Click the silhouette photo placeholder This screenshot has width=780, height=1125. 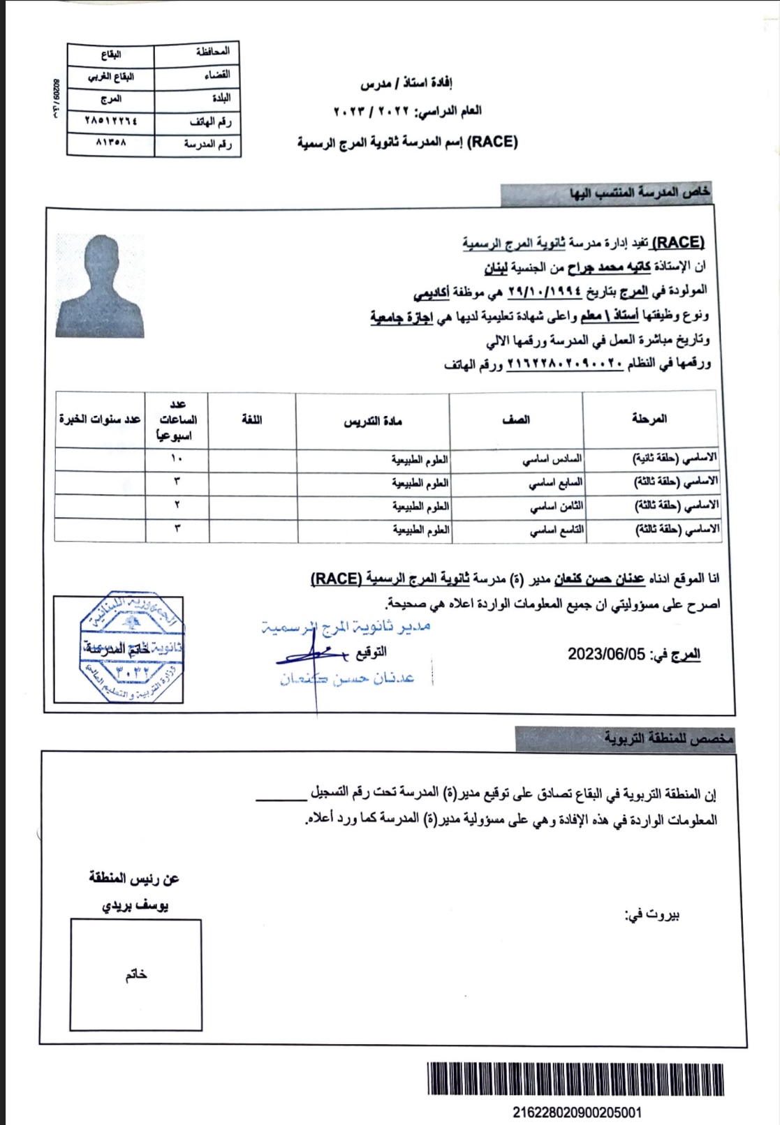tap(101, 286)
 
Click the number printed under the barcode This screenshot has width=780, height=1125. tap(577, 1112)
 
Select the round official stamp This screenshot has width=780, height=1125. tap(131, 648)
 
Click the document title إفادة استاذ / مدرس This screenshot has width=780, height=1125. tap(406, 84)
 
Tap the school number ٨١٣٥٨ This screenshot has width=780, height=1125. tap(111, 143)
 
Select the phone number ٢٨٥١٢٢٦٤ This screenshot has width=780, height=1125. tap(111, 121)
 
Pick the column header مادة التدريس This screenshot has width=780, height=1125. tap(373, 421)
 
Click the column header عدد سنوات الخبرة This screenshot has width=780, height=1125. tap(100, 419)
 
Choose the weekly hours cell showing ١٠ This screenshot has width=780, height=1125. tap(177, 459)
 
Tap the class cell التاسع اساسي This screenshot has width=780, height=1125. tap(556, 530)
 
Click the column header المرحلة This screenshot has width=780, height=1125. tap(649, 419)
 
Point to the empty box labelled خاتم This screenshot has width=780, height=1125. tap(136, 974)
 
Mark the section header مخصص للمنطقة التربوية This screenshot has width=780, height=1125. tap(668, 738)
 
